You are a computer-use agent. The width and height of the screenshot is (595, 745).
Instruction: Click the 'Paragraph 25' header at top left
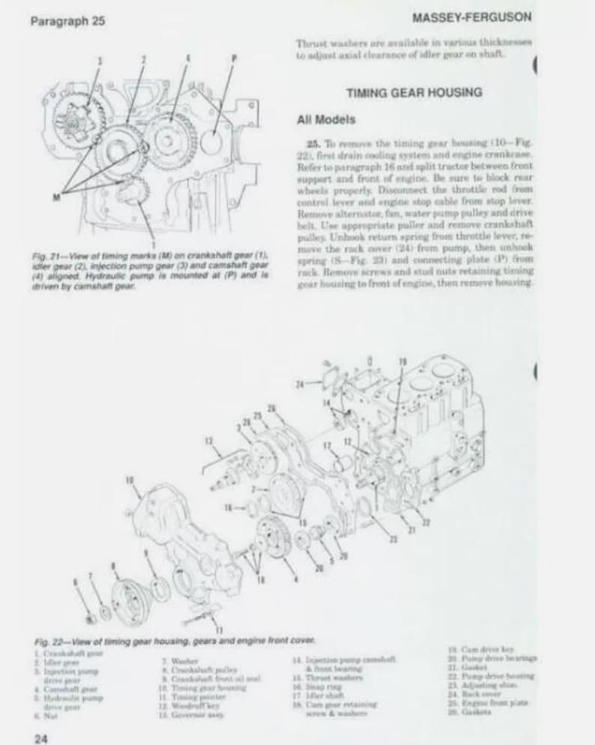[x=67, y=21]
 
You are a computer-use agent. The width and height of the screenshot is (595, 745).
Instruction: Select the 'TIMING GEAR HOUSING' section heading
[x=414, y=93]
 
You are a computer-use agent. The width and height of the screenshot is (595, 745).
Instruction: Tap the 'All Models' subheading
[x=326, y=119]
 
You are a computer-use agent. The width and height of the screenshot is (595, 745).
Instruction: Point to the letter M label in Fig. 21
[x=58, y=196]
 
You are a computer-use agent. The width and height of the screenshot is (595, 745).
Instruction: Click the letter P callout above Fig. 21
[x=234, y=58]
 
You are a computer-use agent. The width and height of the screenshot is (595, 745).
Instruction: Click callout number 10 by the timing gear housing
[x=130, y=479]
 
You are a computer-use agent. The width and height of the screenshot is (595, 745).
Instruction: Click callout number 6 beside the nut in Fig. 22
[x=74, y=582]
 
